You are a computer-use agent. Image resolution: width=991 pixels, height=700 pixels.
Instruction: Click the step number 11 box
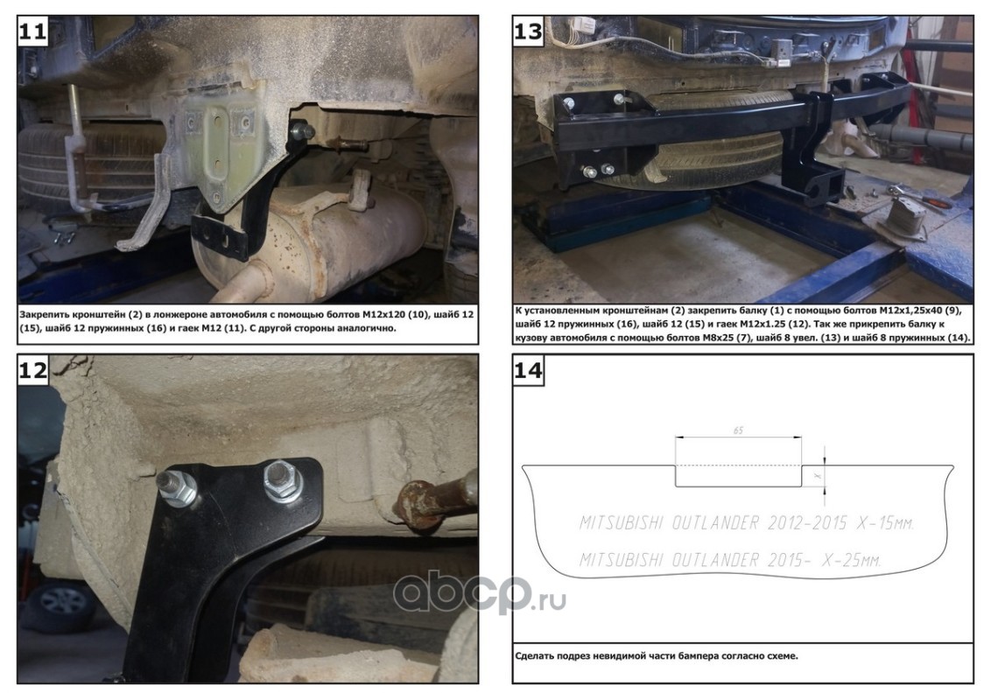(x=33, y=31)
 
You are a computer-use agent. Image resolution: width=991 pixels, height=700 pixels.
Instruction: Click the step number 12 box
(x=33, y=369)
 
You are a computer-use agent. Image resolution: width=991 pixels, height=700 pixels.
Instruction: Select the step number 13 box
(x=529, y=31)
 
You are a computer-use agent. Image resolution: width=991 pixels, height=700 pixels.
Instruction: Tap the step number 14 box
(x=529, y=369)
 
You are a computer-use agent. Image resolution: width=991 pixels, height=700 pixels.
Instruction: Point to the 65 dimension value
(x=738, y=430)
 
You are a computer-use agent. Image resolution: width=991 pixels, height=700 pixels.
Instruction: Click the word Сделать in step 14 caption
(x=534, y=655)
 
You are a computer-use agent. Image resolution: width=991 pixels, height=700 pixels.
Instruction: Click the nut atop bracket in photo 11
(x=304, y=131)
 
